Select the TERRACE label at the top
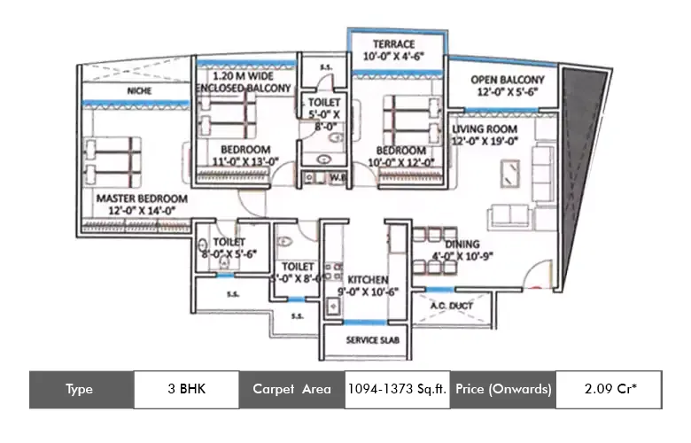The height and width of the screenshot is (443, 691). tap(394, 43)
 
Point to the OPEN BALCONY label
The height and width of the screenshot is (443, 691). tap(507, 80)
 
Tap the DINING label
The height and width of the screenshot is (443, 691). tap(462, 244)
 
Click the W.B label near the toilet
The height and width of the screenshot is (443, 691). tap(337, 175)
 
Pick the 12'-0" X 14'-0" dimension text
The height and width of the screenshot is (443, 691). tap(142, 212)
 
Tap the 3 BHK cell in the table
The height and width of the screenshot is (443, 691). tap(186, 389)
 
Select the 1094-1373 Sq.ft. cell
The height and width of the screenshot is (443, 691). tap(397, 389)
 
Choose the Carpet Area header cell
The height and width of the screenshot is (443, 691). tap(291, 389)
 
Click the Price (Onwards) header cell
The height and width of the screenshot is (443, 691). tap(502, 389)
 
